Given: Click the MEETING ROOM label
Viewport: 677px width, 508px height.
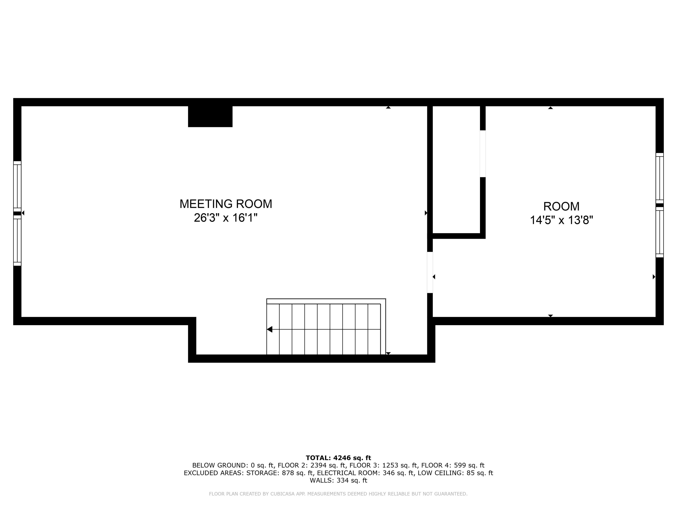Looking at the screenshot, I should point(226,204).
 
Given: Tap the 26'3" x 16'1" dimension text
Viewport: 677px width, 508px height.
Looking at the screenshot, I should point(226,218).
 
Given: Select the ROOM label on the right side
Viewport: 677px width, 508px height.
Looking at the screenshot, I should point(561,206).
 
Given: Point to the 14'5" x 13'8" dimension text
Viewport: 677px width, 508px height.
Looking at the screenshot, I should point(561,220).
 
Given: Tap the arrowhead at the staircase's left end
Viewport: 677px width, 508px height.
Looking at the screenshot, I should point(270,329).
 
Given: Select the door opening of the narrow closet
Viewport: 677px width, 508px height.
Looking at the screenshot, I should point(483,154).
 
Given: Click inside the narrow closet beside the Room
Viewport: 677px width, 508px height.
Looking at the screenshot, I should point(456,171).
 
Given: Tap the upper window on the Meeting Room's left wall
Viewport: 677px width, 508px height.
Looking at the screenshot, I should point(17,186).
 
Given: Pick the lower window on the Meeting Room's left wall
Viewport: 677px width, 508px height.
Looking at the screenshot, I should point(17,241).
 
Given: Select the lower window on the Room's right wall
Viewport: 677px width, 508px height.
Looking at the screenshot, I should point(660,232).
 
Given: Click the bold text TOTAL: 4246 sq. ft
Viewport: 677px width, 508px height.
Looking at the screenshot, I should point(338,458).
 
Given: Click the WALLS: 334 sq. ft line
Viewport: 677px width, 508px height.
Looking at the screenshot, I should point(338,480).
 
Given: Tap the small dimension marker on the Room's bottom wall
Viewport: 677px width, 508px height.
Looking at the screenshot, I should point(550,316).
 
